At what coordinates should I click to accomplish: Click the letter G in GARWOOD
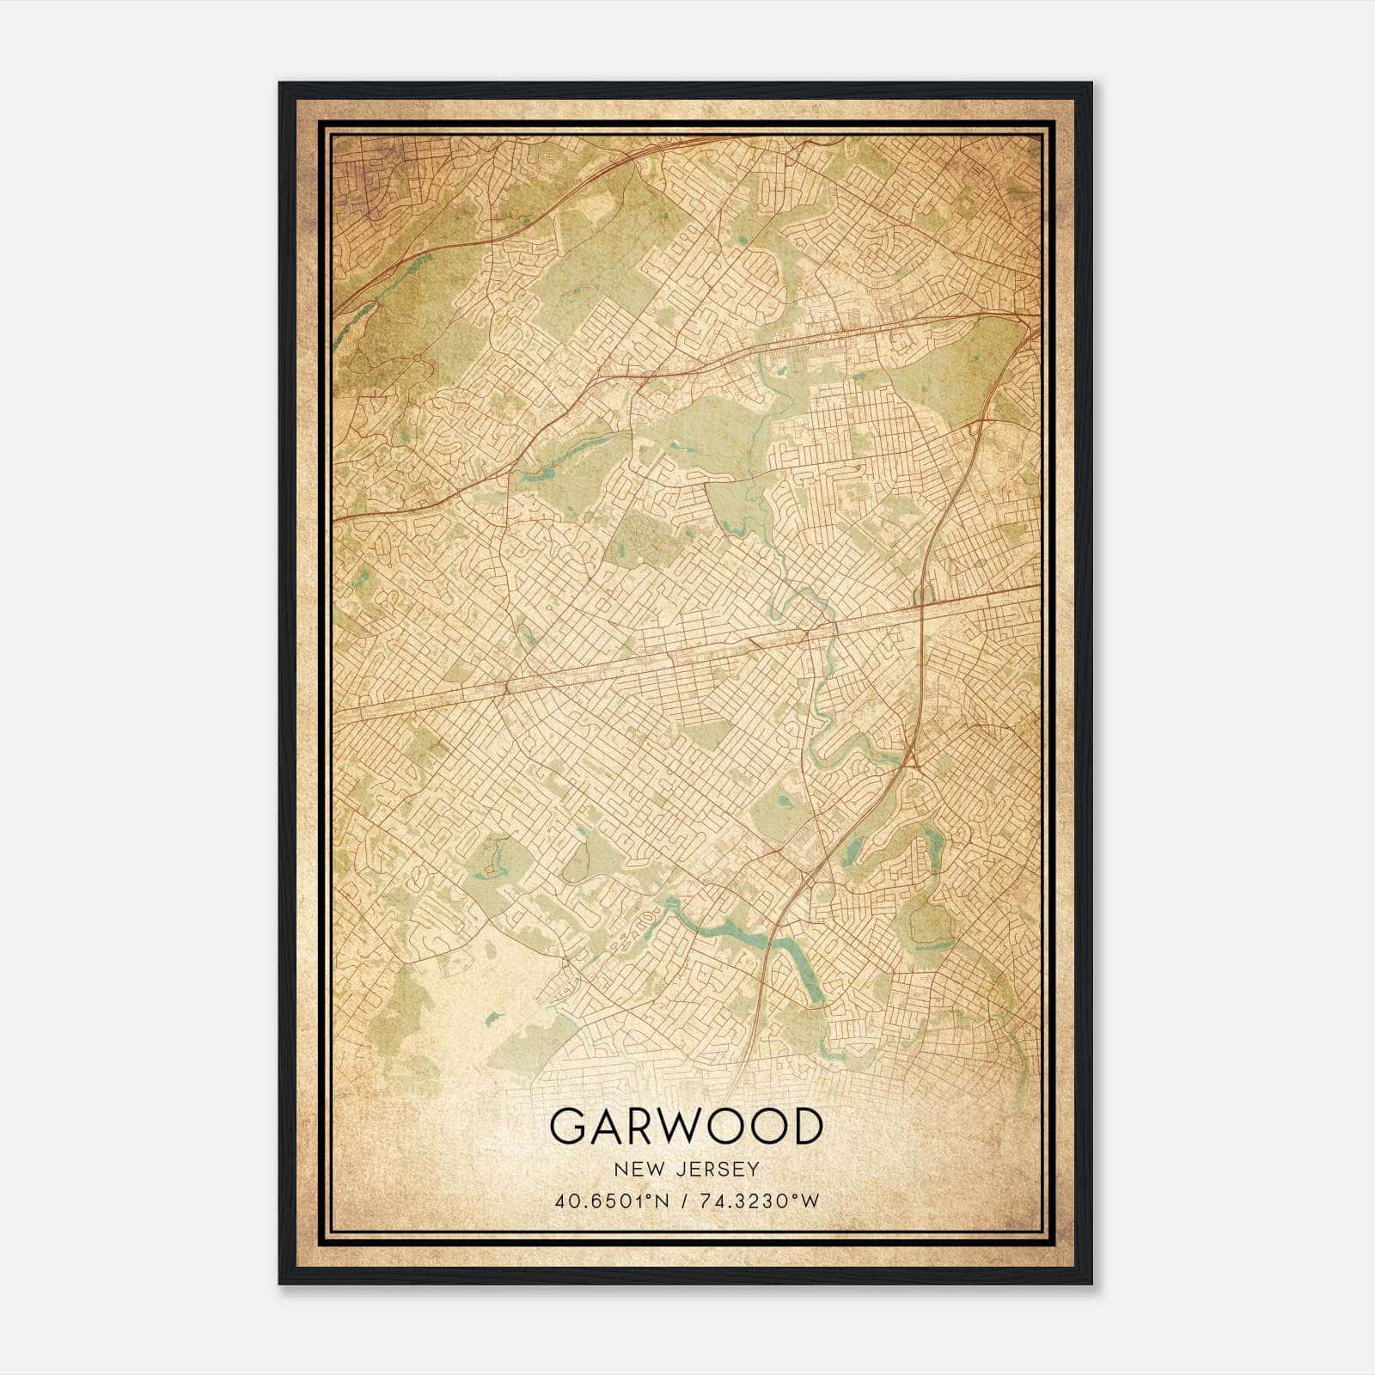coord(568,1127)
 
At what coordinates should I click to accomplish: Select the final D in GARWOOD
coord(804,1127)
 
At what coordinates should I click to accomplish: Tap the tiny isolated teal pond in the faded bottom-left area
coord(491,1020)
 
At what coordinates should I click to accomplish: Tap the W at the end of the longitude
coord(810,1201)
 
